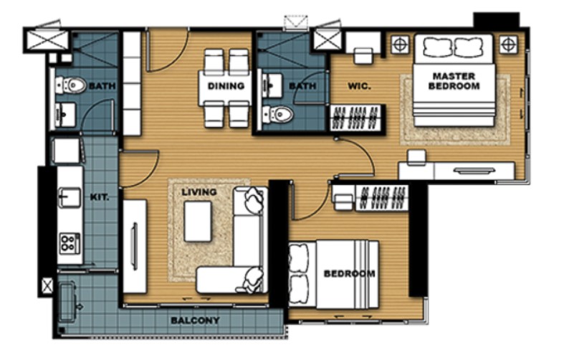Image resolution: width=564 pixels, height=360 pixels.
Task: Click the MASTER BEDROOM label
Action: click(454, 81)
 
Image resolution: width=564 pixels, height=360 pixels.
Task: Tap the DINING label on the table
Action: click(226, 86)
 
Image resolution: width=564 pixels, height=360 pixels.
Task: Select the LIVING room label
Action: click(199, 192)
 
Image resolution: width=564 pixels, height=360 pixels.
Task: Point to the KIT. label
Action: click(100, 197)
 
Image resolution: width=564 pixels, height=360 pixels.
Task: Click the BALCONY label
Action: click(195, 320)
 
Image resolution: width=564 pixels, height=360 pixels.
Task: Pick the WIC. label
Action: click(359, 86)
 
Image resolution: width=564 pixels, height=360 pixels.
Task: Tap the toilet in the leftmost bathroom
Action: click(70, 85)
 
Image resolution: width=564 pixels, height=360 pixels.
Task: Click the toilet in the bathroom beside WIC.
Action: click(277, 114)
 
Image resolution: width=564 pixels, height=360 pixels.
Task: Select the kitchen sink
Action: click(70, 197)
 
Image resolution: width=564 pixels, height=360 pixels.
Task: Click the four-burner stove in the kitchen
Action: click(70, 242)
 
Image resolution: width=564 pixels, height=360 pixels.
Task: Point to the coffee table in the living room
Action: click(198, 222)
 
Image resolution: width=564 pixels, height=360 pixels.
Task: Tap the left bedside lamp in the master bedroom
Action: click(399, 45)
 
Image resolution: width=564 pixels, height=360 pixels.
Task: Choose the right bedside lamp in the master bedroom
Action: click(508, 44)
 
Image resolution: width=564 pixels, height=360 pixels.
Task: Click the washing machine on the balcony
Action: click(68, 303)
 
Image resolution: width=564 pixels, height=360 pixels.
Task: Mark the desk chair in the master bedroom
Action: click(416, 157)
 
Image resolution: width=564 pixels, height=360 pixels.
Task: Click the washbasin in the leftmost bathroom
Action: click(65, 115)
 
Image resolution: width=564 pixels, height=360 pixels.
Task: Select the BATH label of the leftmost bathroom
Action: click(102, 86)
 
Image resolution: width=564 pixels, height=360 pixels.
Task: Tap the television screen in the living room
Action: click(134, 246)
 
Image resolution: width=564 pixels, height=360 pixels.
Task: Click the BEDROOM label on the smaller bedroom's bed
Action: click(349, 274)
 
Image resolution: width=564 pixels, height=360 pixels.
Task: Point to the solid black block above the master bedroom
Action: click(497, 19)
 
